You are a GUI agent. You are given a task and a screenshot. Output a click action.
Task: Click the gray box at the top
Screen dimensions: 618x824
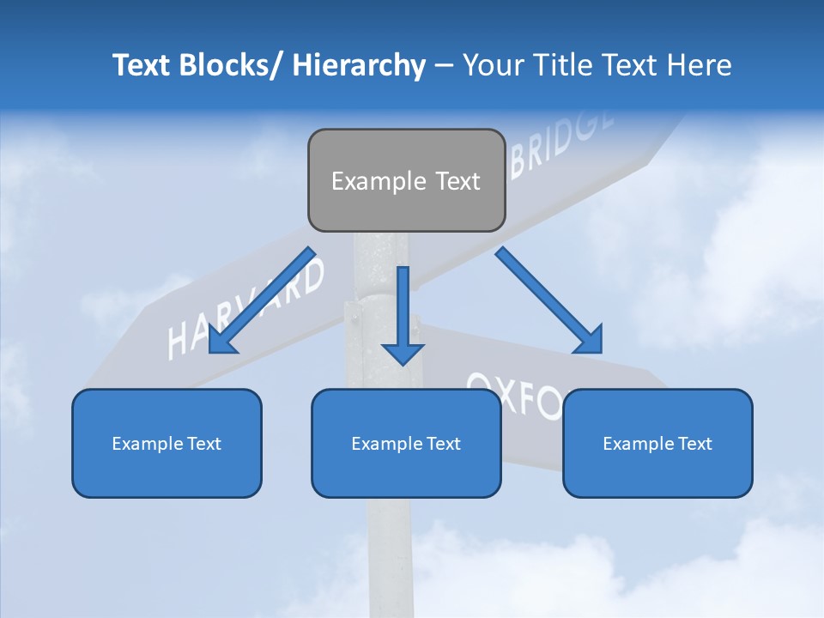coord(406,180)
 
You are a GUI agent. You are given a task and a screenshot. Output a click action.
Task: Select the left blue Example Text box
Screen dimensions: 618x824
coord(167,443)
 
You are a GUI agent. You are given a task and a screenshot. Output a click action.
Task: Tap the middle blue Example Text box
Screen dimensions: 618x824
coord(406,443)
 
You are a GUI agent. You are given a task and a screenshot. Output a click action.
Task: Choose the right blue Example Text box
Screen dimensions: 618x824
coord(657,443)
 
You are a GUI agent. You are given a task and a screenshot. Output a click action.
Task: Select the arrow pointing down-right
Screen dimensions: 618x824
coord(549,300)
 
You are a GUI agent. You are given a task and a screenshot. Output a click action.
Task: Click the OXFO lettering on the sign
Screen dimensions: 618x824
coord(515,395)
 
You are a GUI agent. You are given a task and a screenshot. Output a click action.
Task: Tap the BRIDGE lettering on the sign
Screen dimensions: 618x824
coord(562,142)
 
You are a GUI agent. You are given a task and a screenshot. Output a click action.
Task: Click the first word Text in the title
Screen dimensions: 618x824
coord(143,65)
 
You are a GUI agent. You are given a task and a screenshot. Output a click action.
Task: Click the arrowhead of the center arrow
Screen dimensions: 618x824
coord(403,353)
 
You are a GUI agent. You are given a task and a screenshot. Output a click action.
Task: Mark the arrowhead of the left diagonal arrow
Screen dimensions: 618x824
coord(221,341)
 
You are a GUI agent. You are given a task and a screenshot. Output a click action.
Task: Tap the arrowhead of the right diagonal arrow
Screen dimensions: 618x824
coord(590,339)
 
